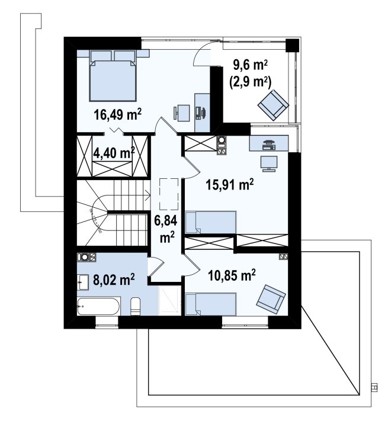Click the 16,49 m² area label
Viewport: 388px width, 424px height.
[118, 115]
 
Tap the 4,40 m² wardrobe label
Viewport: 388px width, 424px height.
[114, 153]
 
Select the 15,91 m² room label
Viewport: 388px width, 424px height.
[230, 185]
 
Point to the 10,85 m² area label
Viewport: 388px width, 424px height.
[232, 276]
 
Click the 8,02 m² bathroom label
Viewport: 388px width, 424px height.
[114, 280]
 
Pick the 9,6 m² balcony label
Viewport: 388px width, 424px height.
[251, 65]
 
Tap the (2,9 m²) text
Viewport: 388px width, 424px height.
[251, 82]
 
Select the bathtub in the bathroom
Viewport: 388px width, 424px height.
[98, 306]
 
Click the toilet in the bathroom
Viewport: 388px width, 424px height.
[135, 307]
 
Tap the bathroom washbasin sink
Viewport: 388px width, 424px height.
[83, 282]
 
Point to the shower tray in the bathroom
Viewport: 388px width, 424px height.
[169, 300]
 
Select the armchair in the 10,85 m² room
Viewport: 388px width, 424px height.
[271, 300]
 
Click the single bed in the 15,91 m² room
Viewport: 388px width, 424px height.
[211, 222]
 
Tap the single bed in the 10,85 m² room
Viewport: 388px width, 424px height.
[211, 304]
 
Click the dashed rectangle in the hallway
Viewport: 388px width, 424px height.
[169, 194]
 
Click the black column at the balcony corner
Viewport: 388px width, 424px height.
[293, 45]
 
